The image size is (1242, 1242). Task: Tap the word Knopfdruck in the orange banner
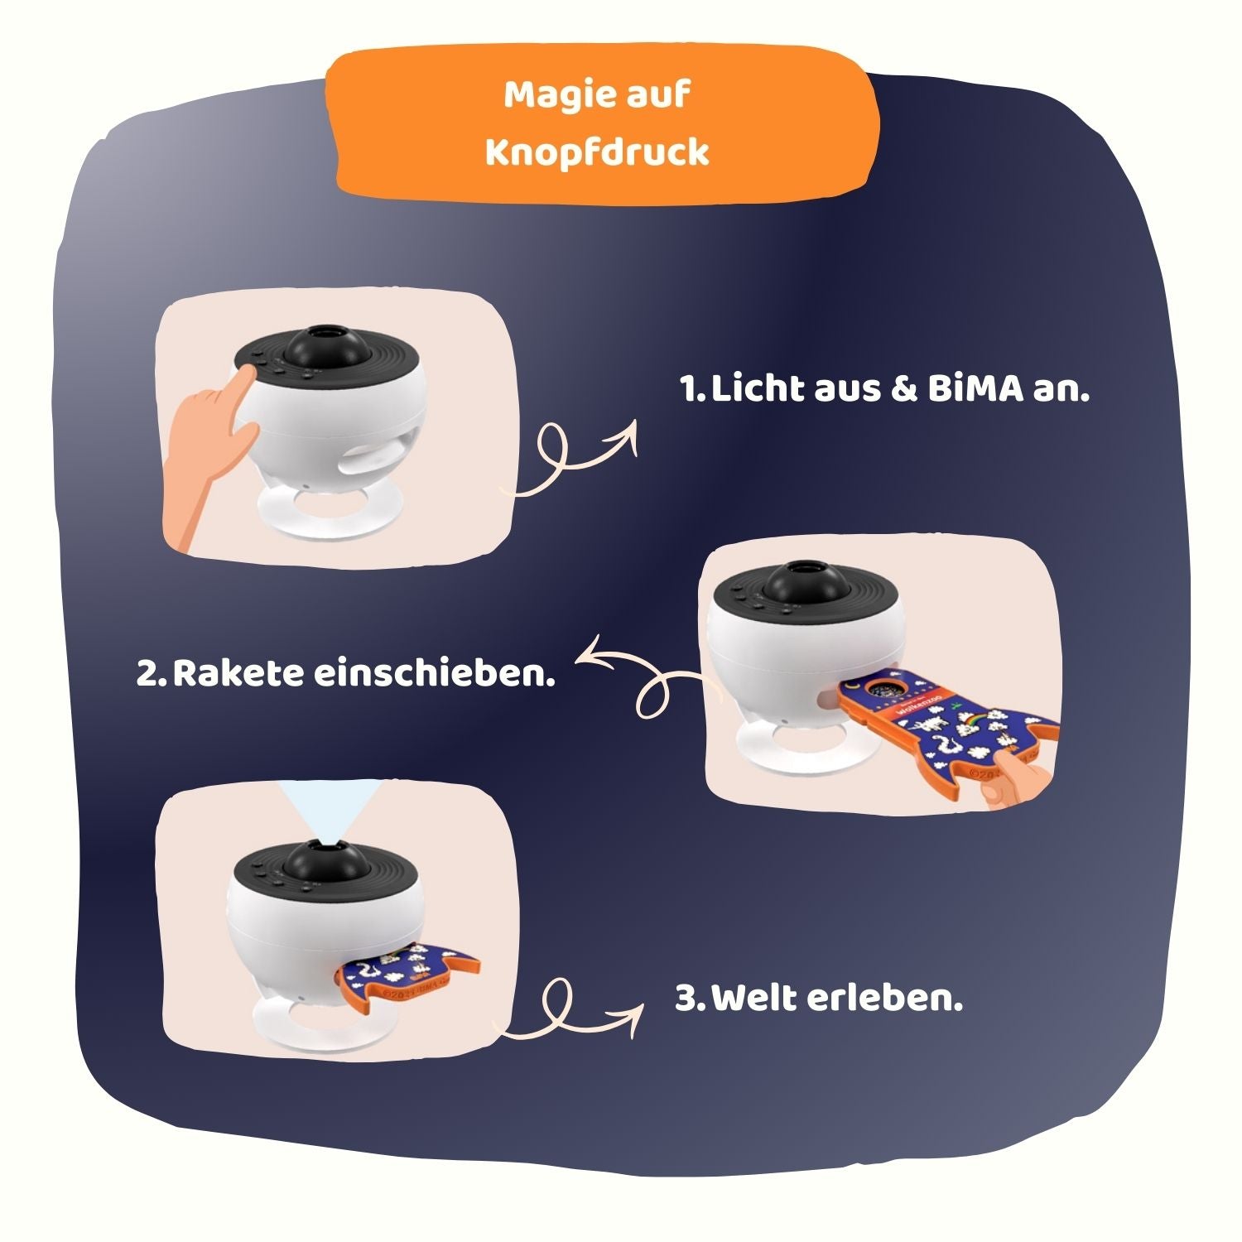tap(596, 152)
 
